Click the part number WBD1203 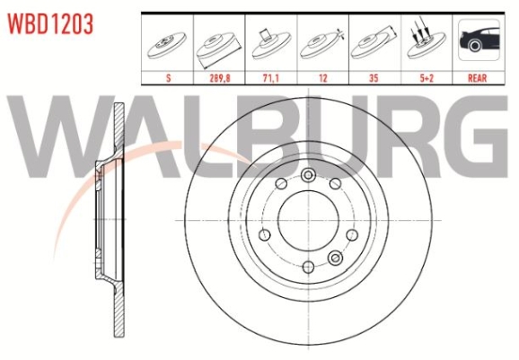tap(50, 24)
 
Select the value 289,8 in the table tap(219, 78)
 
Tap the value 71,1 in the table tap(271, 78)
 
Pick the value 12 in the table tap(323, 78)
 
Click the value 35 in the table tap(374, 78)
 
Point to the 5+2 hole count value tap(427, 78)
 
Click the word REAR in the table tap(478, 78)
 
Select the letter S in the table tap(168, 78)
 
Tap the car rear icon tap(479, 40)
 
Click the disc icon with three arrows tap(427, 41)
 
